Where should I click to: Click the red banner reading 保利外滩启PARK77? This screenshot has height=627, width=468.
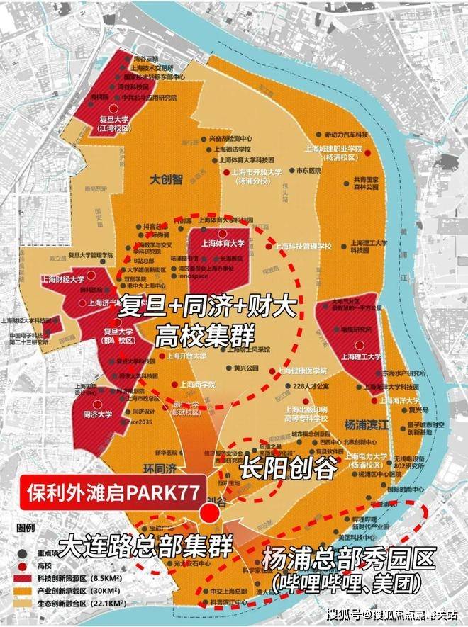[111, 490]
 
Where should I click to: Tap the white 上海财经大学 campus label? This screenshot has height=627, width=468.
[62, 278]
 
